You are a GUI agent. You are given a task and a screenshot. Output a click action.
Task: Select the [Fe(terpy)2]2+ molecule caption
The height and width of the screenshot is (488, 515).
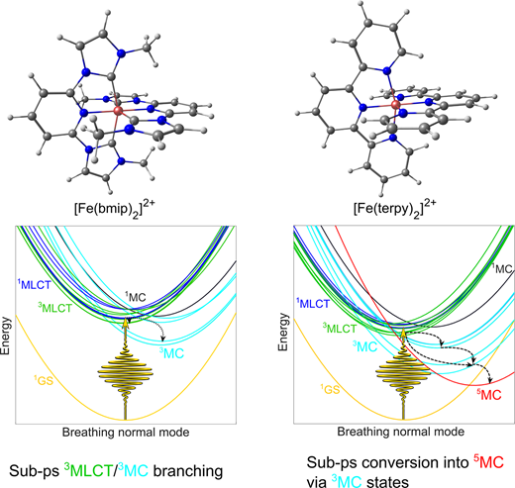tap(395, 209)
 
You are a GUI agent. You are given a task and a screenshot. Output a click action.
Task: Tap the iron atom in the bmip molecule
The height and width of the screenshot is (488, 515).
tap(118, 111)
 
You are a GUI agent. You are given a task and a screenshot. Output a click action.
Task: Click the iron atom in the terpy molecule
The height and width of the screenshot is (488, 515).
tap(395, 105)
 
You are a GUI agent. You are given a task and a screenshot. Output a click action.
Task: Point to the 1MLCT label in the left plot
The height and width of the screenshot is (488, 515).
tap(34, 284)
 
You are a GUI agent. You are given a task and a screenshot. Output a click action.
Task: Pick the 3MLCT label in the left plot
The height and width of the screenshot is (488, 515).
tap(54, 308)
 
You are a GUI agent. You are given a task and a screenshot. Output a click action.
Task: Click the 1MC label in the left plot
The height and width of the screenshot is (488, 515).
tap(135, 297)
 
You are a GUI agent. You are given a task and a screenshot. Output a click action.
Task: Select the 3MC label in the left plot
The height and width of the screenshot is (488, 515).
tap(171, 353)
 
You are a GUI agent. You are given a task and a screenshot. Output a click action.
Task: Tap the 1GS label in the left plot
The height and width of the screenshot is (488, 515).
tap(44, 380)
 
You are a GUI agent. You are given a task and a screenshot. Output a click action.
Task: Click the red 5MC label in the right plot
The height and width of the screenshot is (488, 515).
tap(489, 394)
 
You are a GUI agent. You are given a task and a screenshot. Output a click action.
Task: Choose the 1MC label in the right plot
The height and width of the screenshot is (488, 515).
tap(502, 268)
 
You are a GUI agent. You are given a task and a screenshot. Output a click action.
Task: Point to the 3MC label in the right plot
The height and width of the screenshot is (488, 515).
tap(364, 346)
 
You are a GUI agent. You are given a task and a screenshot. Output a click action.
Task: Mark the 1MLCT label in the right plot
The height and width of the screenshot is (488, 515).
tap(313, 303)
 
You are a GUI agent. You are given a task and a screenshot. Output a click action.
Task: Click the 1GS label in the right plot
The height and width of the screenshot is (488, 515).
tap(330, 389)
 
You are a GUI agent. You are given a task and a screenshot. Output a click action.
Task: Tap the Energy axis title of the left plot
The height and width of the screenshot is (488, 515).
tap(5, 336)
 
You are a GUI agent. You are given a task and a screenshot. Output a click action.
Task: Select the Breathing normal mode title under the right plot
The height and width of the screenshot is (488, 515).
tap(401, 432)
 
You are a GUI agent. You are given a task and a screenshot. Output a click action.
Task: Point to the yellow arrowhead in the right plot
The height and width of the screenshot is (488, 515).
tap(403, 334)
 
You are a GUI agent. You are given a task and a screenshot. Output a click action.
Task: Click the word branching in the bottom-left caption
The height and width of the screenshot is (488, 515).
tap(188, 470)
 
